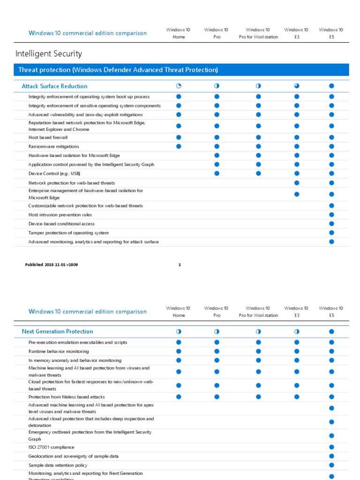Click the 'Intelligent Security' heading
click(x=49, y=54)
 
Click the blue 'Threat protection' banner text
click(x=118, y=70)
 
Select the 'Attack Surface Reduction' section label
click(x=54, y=86)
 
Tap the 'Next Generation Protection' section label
click(x=57, y=331)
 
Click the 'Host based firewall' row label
click(x=48, y=137)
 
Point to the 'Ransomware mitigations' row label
click(x=53, y=146)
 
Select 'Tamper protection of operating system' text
click(x=68, y=232)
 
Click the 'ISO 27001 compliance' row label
click(x=51, y=447)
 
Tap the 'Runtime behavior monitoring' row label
click(x=58, y=351)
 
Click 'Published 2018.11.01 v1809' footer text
click(x=52, y=265)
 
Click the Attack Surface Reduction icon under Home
click(x=179, y=86)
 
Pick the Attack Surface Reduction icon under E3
click(x=296, y=86)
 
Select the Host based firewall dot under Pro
click(x=217, y=137)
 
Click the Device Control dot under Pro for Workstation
click(x=258, y=173)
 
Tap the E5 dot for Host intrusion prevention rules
click(x=331, y=215)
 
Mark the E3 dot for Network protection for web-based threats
click(x=296, y=183)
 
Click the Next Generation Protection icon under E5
click(x=331, y=331)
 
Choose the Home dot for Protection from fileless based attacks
click(x=179, y=397)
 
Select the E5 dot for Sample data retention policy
click(x=331, y=465)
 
